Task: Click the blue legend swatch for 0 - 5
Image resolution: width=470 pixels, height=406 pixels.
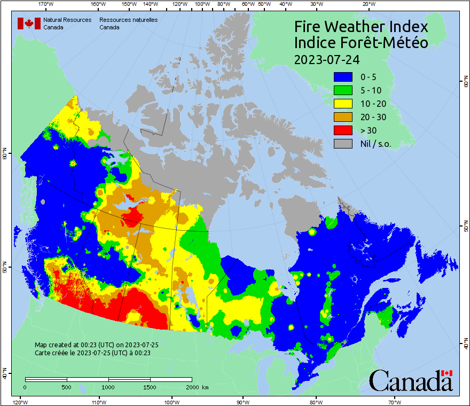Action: [x=343, y=77]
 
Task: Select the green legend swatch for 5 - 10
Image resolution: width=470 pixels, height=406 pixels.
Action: [x=343, y=90]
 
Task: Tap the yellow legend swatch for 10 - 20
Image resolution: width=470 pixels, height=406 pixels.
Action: [x=343, y=104]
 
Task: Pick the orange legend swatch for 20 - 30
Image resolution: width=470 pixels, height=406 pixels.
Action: [x=343, y=117]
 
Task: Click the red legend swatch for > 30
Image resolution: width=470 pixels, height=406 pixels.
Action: [x=343, y=130]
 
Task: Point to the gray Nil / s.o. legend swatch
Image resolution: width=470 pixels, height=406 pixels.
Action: [x=343, y=144]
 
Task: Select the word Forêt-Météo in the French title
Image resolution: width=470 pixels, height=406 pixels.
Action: [x=383, y=43]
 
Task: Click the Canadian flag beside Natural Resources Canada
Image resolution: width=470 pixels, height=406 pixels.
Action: [x=29, y=24]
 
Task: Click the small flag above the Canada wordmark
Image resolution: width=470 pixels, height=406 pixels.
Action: [x=446, y=373]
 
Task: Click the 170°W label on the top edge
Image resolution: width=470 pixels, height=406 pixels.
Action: [x=46, y=4]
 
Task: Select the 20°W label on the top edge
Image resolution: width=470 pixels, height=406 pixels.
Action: [x=368, y=4]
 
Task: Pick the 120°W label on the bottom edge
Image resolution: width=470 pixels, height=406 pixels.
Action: [x=20, y=402]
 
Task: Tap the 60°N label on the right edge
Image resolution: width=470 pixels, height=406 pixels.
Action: [x=465, y=83]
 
